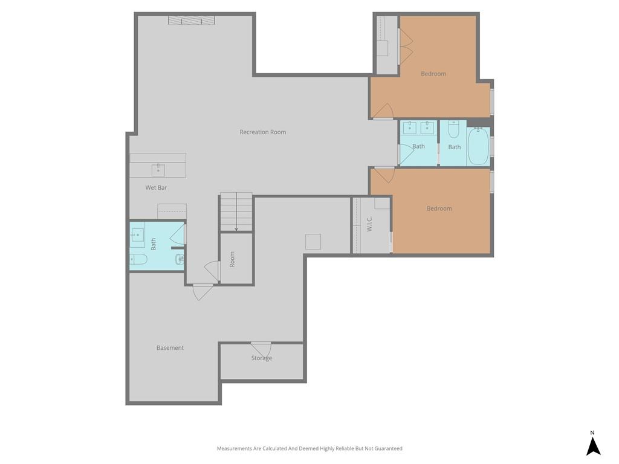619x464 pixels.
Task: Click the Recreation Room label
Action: pyautogui.click(x=262, y=132)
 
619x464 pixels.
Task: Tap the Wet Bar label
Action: pyautogui.click(x=156, y=187)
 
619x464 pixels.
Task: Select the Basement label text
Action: pyautogui.click(x=170, y=347)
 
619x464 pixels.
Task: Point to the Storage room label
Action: pyautogui.click(x=262, y=358)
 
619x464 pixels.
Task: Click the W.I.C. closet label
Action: pyautogui.click(x=369, y=224)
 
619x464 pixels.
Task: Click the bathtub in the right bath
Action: pyautogui.click(x=478, y=146)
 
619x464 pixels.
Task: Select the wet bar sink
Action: pyautogui.click(x=158, y=170)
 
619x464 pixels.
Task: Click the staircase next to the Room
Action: pyautogui.click(x=236, y=211)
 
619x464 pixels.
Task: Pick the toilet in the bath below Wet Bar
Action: pyautogui.click(x=138, y=259)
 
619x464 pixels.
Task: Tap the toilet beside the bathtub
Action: pyautogui.click(x=453, y=129)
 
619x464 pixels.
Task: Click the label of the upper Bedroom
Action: pyautogui.click(x=433, y=74)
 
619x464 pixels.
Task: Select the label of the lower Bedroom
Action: pyautogui.click(x=439, y=208)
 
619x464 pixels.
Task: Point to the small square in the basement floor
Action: pyautogui.click(x=313, y=242)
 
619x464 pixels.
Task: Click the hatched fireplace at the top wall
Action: pyautogui.click(x=192, y=20)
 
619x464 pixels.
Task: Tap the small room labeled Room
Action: pyautogui.click(x=236, y=259)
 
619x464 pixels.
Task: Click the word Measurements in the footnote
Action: pyautogui.click(x=235, y=448)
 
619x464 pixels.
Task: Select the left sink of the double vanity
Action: pyautogui.click(x=409, y=128)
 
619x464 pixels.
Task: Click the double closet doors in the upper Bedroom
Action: pyautogui.click(x=406, y=47)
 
